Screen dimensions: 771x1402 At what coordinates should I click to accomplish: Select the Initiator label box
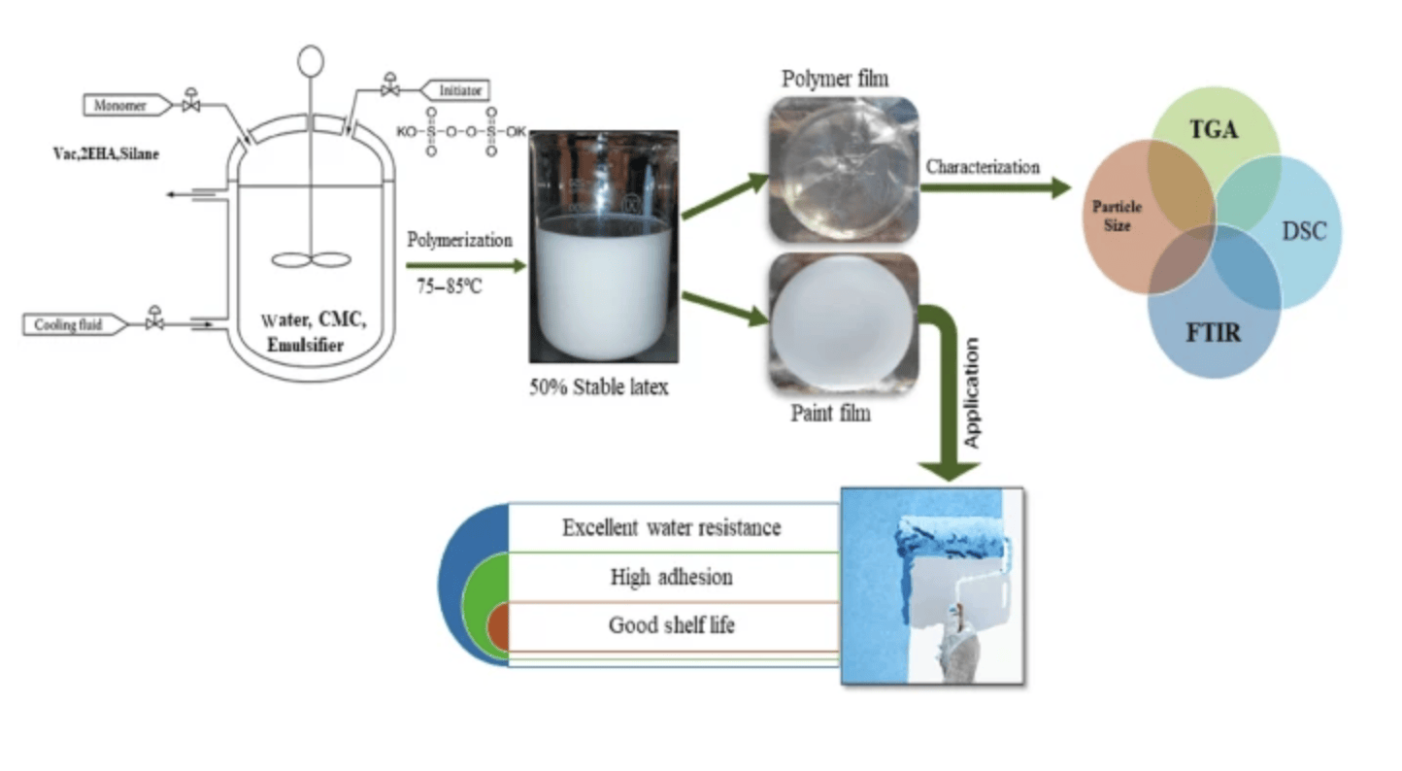point(456,90)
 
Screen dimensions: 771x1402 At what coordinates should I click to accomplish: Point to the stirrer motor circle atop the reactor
point(311,61)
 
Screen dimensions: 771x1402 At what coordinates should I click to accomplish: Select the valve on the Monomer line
point(190,102)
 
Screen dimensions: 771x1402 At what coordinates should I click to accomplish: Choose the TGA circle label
point(1214,129)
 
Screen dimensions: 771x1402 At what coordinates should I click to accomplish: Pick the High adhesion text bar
point(672,577)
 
